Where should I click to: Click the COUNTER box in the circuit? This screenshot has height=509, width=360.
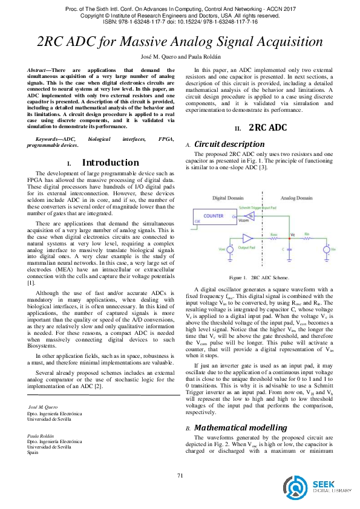[214, 216]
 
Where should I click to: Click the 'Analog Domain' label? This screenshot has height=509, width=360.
[296, 198]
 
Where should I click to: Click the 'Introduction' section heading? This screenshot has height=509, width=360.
[110, 163]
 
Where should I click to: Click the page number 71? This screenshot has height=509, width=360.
[180, 476]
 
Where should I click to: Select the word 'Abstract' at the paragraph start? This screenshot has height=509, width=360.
[40, 71]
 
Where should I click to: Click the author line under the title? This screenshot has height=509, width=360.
[180, 56]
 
